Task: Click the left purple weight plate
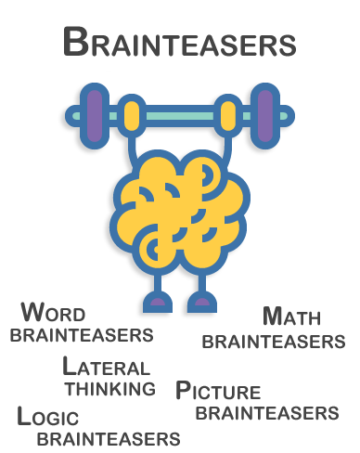click(94, 116)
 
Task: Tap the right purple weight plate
click(266, 116)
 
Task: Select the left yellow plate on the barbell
click(132, 116)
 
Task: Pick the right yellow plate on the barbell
click(227, 116)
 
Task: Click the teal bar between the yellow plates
click(180, 116)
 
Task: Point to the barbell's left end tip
click(71, 116)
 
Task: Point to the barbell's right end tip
click(289, 116)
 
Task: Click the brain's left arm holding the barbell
click(136, 149)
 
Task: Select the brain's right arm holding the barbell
click(224, 149)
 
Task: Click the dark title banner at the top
click(180, 42)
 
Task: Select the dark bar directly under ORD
click(81, 335)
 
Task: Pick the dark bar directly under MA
click(273, 342)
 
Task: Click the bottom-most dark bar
click(108, 438)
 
